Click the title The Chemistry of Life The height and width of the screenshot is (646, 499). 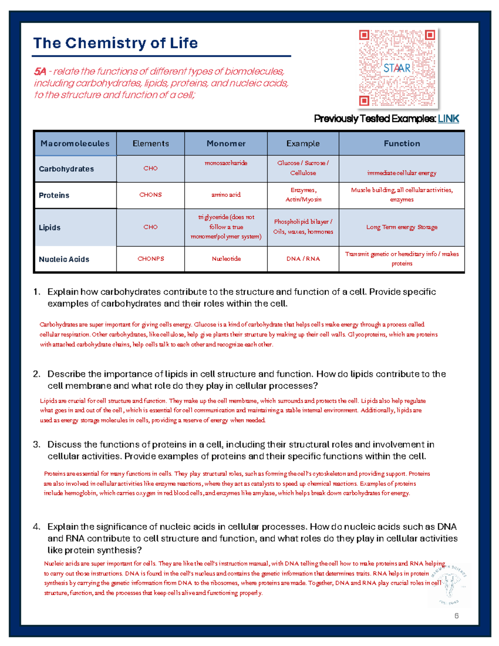tap(115, 43)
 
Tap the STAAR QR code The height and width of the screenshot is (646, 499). tap(397, 68)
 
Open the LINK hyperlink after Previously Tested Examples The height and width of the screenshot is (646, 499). tap(448, 119)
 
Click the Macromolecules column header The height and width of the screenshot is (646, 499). tap(75, 144)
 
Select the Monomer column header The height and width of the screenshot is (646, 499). tap(226, 144)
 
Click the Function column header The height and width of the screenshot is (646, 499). tap(402, 144)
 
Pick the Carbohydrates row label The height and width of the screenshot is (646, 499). tap(66, 169)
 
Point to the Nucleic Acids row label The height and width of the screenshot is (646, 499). tap(64, 259)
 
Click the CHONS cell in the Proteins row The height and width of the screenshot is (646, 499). tap(151, 195)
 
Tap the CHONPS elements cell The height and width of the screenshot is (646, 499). tap(151, 259)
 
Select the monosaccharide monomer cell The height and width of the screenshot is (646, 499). tap(226, 163)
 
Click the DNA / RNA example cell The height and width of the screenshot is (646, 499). tap(303, 259)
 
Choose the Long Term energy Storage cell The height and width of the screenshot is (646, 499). tap(402, 227)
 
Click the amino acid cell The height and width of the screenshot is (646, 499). tap(226, 195)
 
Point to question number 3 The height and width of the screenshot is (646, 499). tap(37, 445)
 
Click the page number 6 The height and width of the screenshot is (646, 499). tap(457, 616)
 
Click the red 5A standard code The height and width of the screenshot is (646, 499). tap(40, 72)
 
